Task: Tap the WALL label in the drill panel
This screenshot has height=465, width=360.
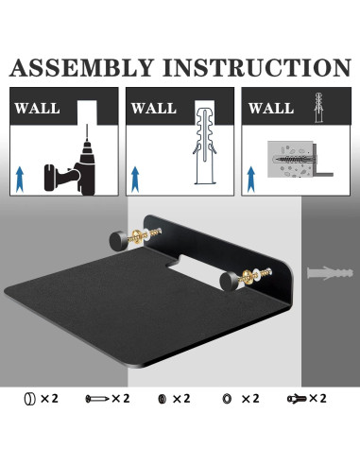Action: coord(38,108)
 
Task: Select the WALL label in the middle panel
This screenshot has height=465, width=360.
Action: coord(153,108)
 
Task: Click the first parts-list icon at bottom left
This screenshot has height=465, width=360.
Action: coord(28,399)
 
